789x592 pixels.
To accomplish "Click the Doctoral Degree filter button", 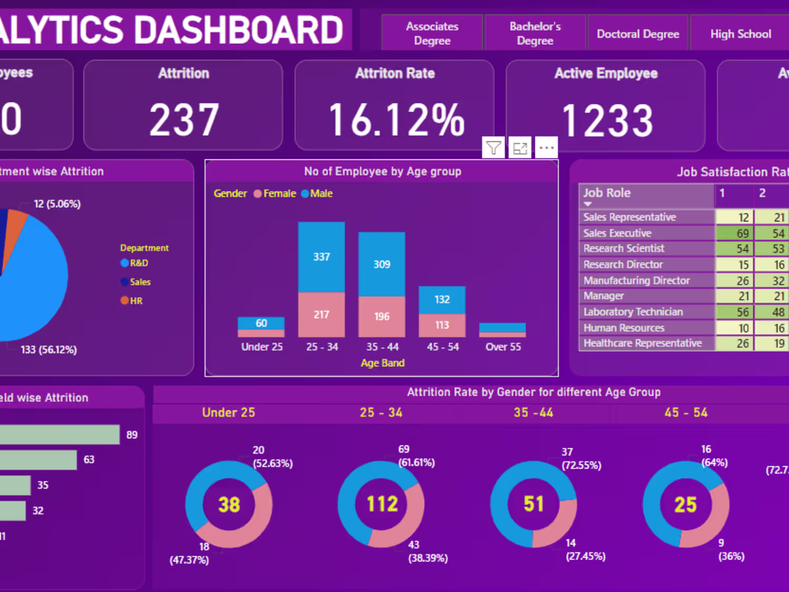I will point(638,34).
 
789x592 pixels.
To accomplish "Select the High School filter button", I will point(740,34).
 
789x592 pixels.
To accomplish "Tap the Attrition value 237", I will point(184,120).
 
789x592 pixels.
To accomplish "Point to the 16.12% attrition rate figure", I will point(396,120).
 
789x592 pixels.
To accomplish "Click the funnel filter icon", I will point(493,148).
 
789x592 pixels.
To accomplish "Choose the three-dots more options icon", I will point(547,148).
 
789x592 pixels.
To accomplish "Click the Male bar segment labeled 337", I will point(321,257).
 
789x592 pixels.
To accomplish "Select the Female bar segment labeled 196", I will point(382,317).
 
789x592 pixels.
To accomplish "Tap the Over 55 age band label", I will point(503,347).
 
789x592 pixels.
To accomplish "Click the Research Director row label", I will point(623,264).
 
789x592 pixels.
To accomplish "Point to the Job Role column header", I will point(607,193).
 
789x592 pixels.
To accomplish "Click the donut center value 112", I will point(382,504).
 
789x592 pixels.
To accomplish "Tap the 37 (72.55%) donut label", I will point(581,458).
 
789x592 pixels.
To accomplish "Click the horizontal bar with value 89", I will point(59,435).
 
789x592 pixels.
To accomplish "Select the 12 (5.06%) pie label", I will point(57,204).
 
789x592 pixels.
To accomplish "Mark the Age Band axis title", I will point(382,363).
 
